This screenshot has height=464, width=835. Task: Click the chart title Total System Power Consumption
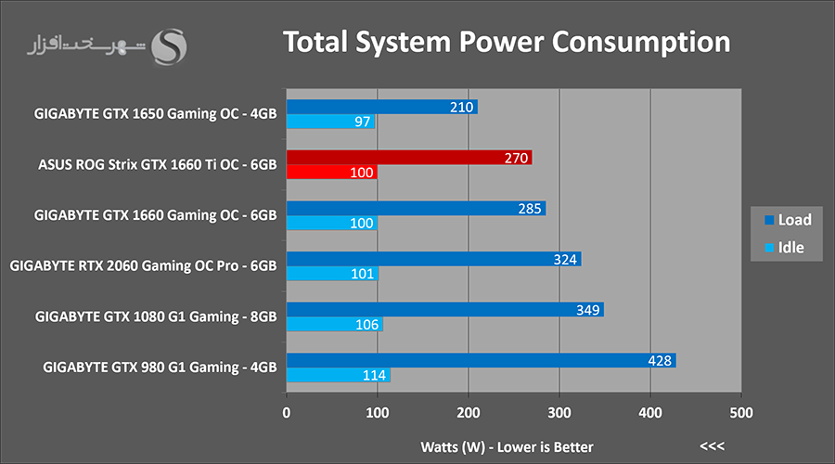[507, 43]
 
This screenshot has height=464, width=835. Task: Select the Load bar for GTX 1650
[382, 107]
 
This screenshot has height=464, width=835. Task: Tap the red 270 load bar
[409, 157]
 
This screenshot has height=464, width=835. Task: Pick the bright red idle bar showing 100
[332, 172]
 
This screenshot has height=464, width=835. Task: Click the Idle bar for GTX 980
[338, 375]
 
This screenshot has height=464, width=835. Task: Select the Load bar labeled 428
[481, 360]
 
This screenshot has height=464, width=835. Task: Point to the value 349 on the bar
[588, 310]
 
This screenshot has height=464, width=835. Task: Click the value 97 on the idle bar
[362, 122]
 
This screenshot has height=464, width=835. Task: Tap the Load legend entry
[788, 220]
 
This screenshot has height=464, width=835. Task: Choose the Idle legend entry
[784, 247]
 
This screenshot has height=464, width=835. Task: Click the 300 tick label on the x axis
[559, 413]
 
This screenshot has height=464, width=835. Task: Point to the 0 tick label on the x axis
[287, 413]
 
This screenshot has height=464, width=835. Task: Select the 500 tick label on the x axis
[741, 413]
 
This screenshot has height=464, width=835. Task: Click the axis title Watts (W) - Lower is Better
[507, 447]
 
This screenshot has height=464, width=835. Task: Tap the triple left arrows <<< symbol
[712, 445]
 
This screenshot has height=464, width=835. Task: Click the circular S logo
[169, 47]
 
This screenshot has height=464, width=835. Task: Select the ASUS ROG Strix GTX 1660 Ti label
[157, 164]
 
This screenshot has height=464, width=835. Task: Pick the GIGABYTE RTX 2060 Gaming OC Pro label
[143, 265]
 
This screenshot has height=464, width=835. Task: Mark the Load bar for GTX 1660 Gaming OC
[416, 208]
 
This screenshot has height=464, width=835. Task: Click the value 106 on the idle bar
[366, 325]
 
